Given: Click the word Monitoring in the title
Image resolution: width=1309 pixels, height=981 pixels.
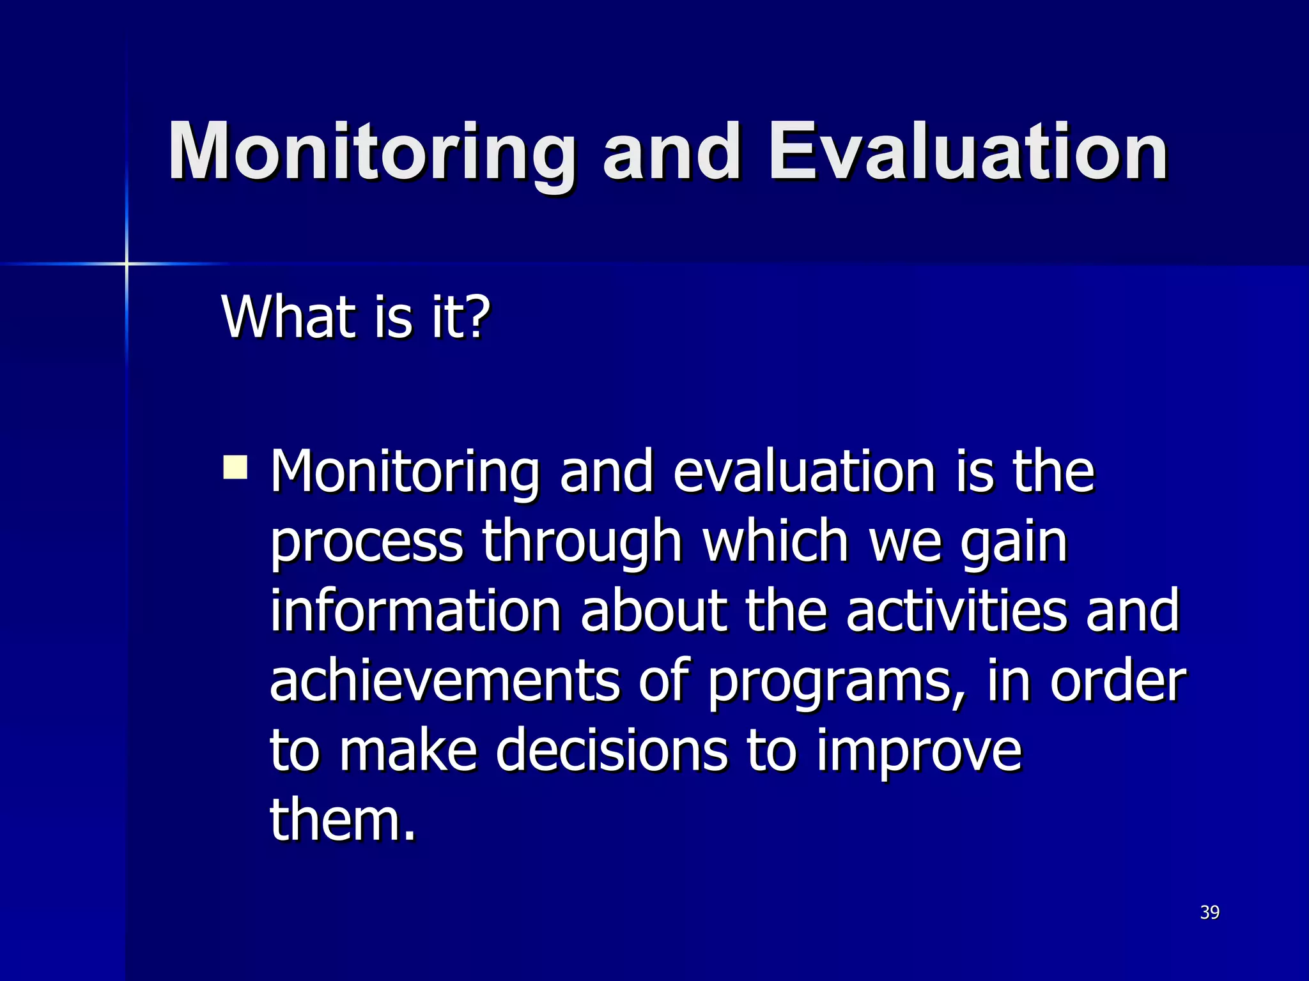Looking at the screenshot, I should (x=371, y=153).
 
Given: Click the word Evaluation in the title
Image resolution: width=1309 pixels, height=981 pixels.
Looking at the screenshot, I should (x=968, y=153).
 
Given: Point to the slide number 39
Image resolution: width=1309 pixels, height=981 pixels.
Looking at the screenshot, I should (x=1209, y=912).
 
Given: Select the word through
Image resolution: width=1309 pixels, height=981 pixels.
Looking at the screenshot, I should (x=582, y=542).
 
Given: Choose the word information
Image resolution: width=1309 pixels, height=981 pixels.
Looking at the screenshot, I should (x=415, y=611).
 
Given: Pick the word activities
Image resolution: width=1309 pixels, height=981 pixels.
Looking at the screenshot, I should (x=956, y=611).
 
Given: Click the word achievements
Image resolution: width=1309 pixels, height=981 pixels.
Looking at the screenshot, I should (x=445, y=681).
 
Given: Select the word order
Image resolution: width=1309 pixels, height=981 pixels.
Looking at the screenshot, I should (x=1119, y=681).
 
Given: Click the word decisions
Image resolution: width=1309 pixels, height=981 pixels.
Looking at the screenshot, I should (x=611, y=750).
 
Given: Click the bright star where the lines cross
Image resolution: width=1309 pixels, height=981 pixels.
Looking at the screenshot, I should (x=127, y=263).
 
